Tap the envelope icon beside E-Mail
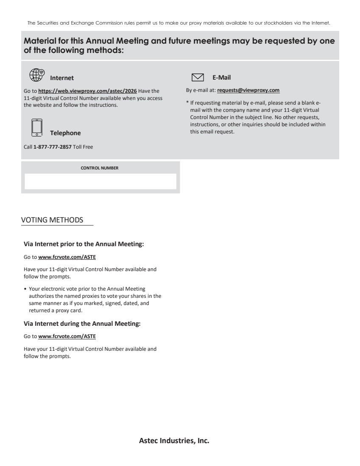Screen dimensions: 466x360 tap(198, 77)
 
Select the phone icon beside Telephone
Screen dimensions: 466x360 tap(37, 128)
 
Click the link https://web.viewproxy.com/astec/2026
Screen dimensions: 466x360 tap(87, 91)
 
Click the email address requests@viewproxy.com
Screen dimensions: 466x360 tap(248, 90)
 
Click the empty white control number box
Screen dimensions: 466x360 tap(100, 181)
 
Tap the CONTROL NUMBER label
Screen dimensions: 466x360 tap(100, 168)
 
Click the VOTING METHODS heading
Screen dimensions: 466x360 tap(52, 220)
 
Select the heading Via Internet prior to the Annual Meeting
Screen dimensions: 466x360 tap(84, 244)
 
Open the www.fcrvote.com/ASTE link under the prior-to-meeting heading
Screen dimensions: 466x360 tap(67, 257)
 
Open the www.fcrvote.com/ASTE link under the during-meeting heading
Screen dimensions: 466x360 tap(67, 337)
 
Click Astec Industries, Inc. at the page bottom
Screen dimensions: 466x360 tap(174, 441)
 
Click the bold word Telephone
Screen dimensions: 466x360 tap(65, 133)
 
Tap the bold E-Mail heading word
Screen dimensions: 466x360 tap(221, 77)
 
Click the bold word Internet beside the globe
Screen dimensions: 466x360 tap(62, 78)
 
